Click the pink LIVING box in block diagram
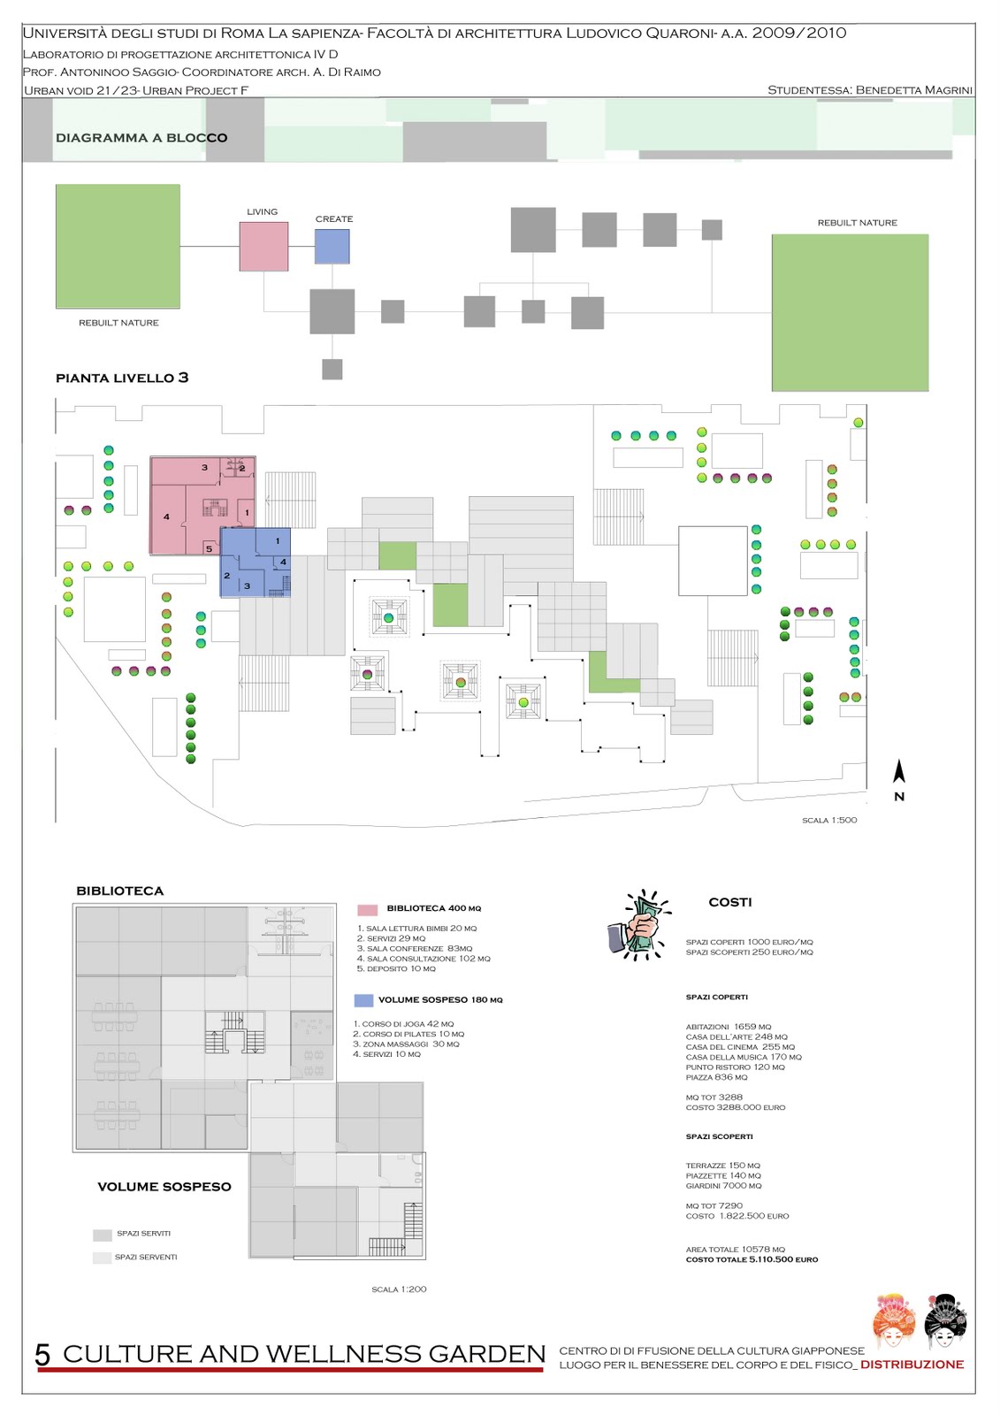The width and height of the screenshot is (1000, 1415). pyautogui.click(x=263, y=246)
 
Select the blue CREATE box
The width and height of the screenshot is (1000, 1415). pyautogui.click(x=332, y=246)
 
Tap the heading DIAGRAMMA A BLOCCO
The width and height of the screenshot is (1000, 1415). pyautogui.click(x=141, y=138)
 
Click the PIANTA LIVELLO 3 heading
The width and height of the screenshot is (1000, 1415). pyautogui.click(x=122, y=378)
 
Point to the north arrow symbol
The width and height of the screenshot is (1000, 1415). pyautogui.click(x=899, y=773)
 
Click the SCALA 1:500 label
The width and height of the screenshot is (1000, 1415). pyautogui.click(x=829, y=821)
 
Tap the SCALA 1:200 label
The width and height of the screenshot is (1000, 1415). pyautogui.click(x=399, y=1289)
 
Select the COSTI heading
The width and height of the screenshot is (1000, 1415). pyautogui.click(x=730, y=902)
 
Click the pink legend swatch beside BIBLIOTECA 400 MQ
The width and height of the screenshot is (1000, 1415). pyautogui.click(x=367, y=909)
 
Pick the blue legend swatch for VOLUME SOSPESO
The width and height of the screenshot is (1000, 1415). pyautogui.click(x=363, y=1000)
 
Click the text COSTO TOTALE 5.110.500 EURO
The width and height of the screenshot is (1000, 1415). pyautogui.click(x=752, y=1259)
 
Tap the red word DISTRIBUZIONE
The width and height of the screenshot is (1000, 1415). pyautogui.click(x=912, y=1365)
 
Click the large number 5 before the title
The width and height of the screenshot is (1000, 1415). pyautogui.click(x=42, y=1355)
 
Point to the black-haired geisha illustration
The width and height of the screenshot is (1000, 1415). pyautogui.click(x=945, y=1321)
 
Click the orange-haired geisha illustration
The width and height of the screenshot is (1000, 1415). pyautogui.click(x=894, y=1321)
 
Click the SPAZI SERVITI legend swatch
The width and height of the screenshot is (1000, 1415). pyautogui.click(x=103, y=1235)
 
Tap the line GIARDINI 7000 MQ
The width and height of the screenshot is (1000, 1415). pyautogui.click(x=723, y=1186)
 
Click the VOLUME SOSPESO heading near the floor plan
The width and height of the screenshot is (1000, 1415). pyautogui.click(x=164, y=1187)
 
